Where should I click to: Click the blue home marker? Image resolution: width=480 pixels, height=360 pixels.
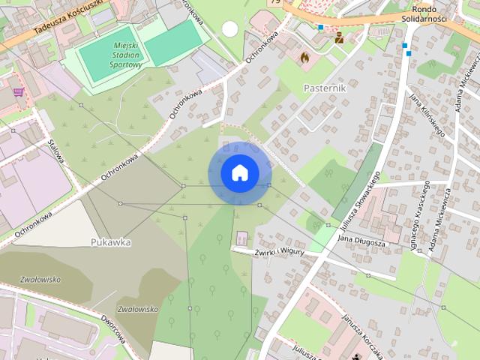coord(239,172)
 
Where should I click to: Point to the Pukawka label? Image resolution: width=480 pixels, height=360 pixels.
coord(111,242)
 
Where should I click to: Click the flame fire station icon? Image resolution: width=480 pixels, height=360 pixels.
coord(304,56)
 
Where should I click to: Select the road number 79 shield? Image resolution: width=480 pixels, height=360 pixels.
coord(276,3)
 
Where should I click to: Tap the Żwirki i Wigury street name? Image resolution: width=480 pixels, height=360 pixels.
coord(278,252)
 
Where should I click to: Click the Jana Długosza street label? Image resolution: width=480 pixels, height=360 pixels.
coord(361,241)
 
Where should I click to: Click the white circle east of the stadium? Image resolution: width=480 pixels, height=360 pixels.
coord(229,29)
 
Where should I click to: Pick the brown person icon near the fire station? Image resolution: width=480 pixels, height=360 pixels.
coord(339,37)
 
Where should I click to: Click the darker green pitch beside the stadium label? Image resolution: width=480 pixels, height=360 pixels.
coord(172,43)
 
